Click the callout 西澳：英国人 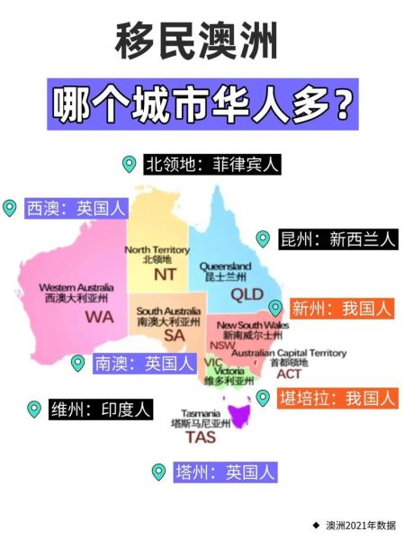tap(76, 208)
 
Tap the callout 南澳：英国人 tap(144, 364)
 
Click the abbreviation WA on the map tap(99, 318)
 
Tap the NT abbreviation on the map tap(166, 274)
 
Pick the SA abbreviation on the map tap(174, 335)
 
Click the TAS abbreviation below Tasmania tap(200, 438)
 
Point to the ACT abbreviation tap(289, 373)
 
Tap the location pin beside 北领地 tap(129, 164)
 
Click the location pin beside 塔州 tap(158, 471)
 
